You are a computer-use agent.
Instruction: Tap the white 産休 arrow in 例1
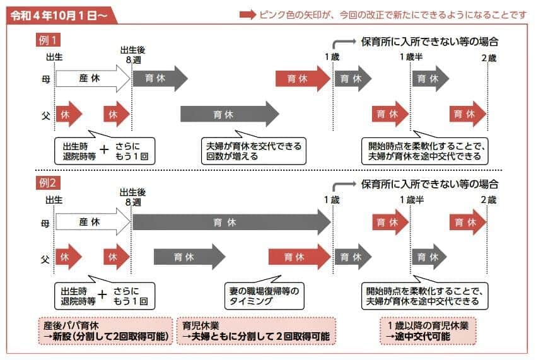[x=91, y=79]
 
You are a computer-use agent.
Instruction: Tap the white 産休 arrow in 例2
[x=91, y=222]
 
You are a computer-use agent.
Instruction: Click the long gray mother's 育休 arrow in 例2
[x=230, y=222]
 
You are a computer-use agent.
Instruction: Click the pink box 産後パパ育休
[x=105, y=332]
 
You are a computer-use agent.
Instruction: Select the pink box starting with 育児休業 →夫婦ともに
[x=255, y=332]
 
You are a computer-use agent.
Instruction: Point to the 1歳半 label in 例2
[x=411, y=200]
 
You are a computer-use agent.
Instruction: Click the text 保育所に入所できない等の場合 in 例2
[x=429, y=185]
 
